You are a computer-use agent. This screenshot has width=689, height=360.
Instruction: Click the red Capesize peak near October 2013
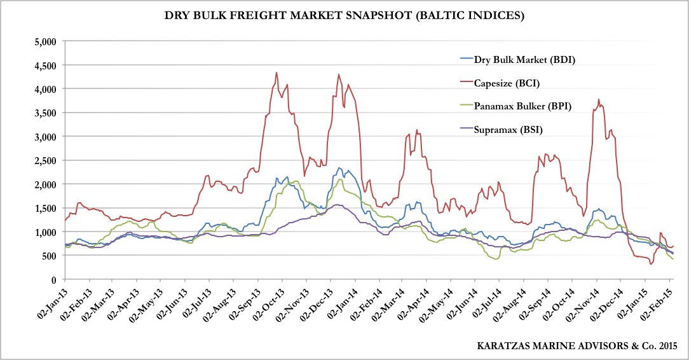point(276,73)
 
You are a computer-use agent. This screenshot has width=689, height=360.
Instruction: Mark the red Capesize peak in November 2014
point(599,99)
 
